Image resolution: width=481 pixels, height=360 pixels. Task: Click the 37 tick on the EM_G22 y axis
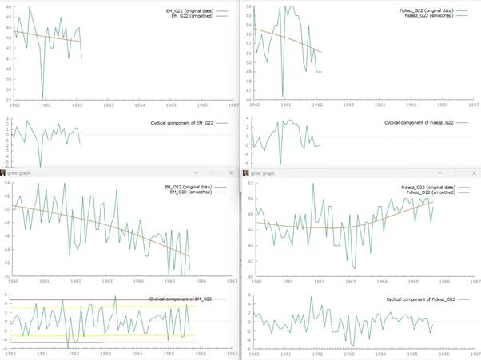pos(8,100)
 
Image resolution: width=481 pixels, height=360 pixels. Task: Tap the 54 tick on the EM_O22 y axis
pos(8,183)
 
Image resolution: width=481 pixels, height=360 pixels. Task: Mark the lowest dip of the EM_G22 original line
pos(42,99)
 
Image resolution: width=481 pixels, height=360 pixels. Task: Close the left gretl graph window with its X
pos(230,172)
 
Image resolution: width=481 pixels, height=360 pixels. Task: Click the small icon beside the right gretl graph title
pos(244,172)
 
